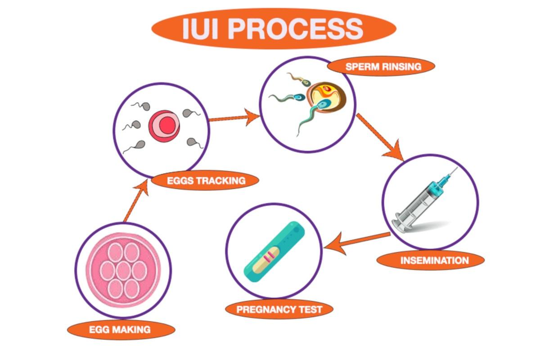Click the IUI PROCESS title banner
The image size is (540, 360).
274,29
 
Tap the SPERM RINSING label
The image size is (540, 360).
381,66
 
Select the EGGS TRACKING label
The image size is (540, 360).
205,180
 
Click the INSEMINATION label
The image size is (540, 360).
431,261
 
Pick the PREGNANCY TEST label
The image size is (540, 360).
279,309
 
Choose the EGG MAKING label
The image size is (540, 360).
121,329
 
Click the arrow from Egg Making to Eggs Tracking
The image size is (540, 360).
136,201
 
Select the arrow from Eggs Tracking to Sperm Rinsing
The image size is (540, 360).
234,117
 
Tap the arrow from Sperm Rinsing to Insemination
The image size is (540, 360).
380,137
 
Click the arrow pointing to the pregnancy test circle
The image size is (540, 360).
357,243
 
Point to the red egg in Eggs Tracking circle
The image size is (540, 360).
164,126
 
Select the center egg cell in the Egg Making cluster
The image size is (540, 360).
123,270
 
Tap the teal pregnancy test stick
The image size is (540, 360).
274,252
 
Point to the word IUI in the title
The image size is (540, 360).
200,29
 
